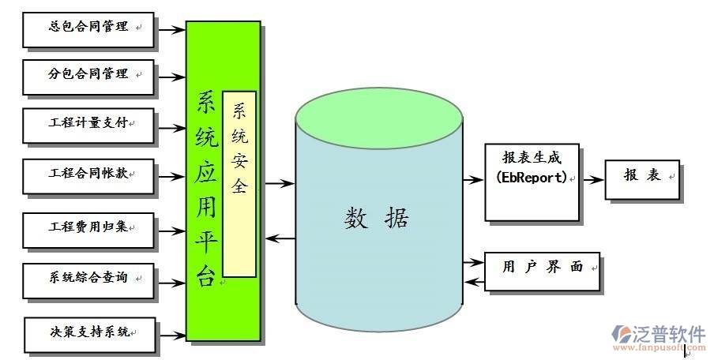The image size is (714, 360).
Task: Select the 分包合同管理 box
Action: point(88,77)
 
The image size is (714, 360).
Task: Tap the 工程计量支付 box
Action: point(88,125)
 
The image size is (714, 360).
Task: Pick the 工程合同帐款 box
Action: point(88,174)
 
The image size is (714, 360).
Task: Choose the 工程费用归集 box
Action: point(88,228)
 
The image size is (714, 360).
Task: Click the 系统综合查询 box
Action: point(88,279)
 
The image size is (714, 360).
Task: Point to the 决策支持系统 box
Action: point(89,334)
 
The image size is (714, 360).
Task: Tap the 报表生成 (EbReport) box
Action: point(532,182)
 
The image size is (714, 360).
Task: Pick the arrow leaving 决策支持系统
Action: point(171,335)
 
